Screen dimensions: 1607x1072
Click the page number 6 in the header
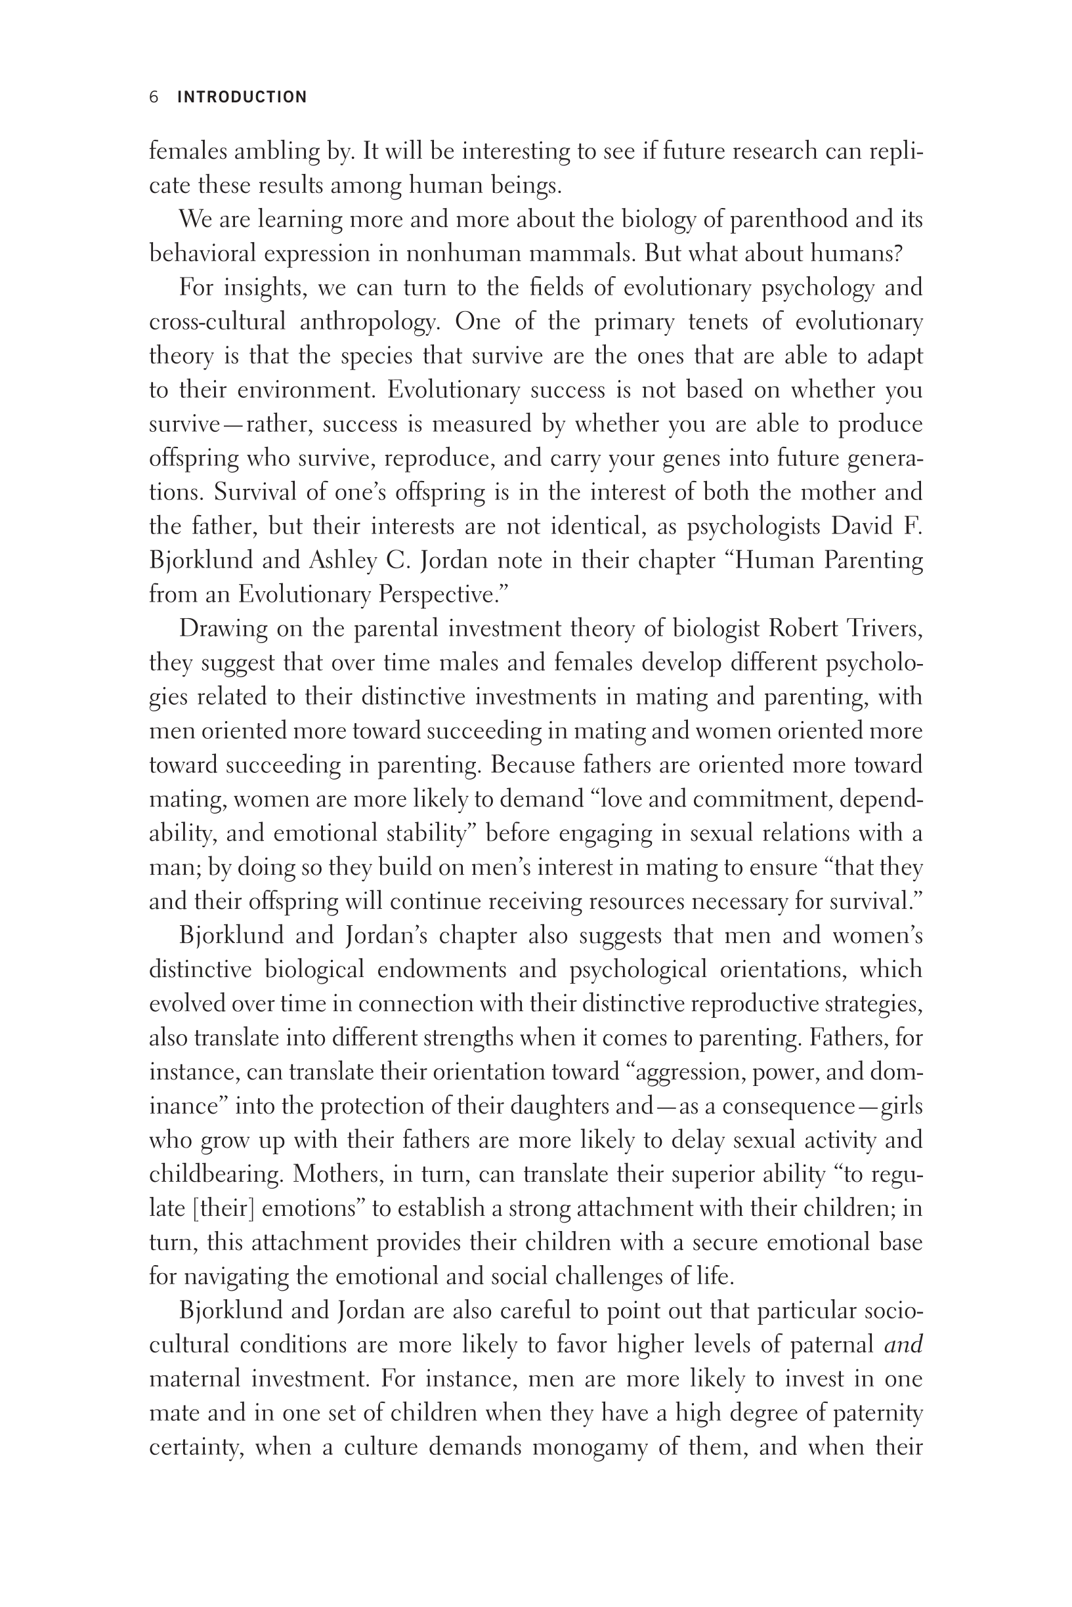coord(154,97)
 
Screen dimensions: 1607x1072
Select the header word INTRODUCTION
coord(242,97)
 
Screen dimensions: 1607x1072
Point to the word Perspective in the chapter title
coord(441,595)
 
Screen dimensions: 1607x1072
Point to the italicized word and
coord(903,1345)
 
